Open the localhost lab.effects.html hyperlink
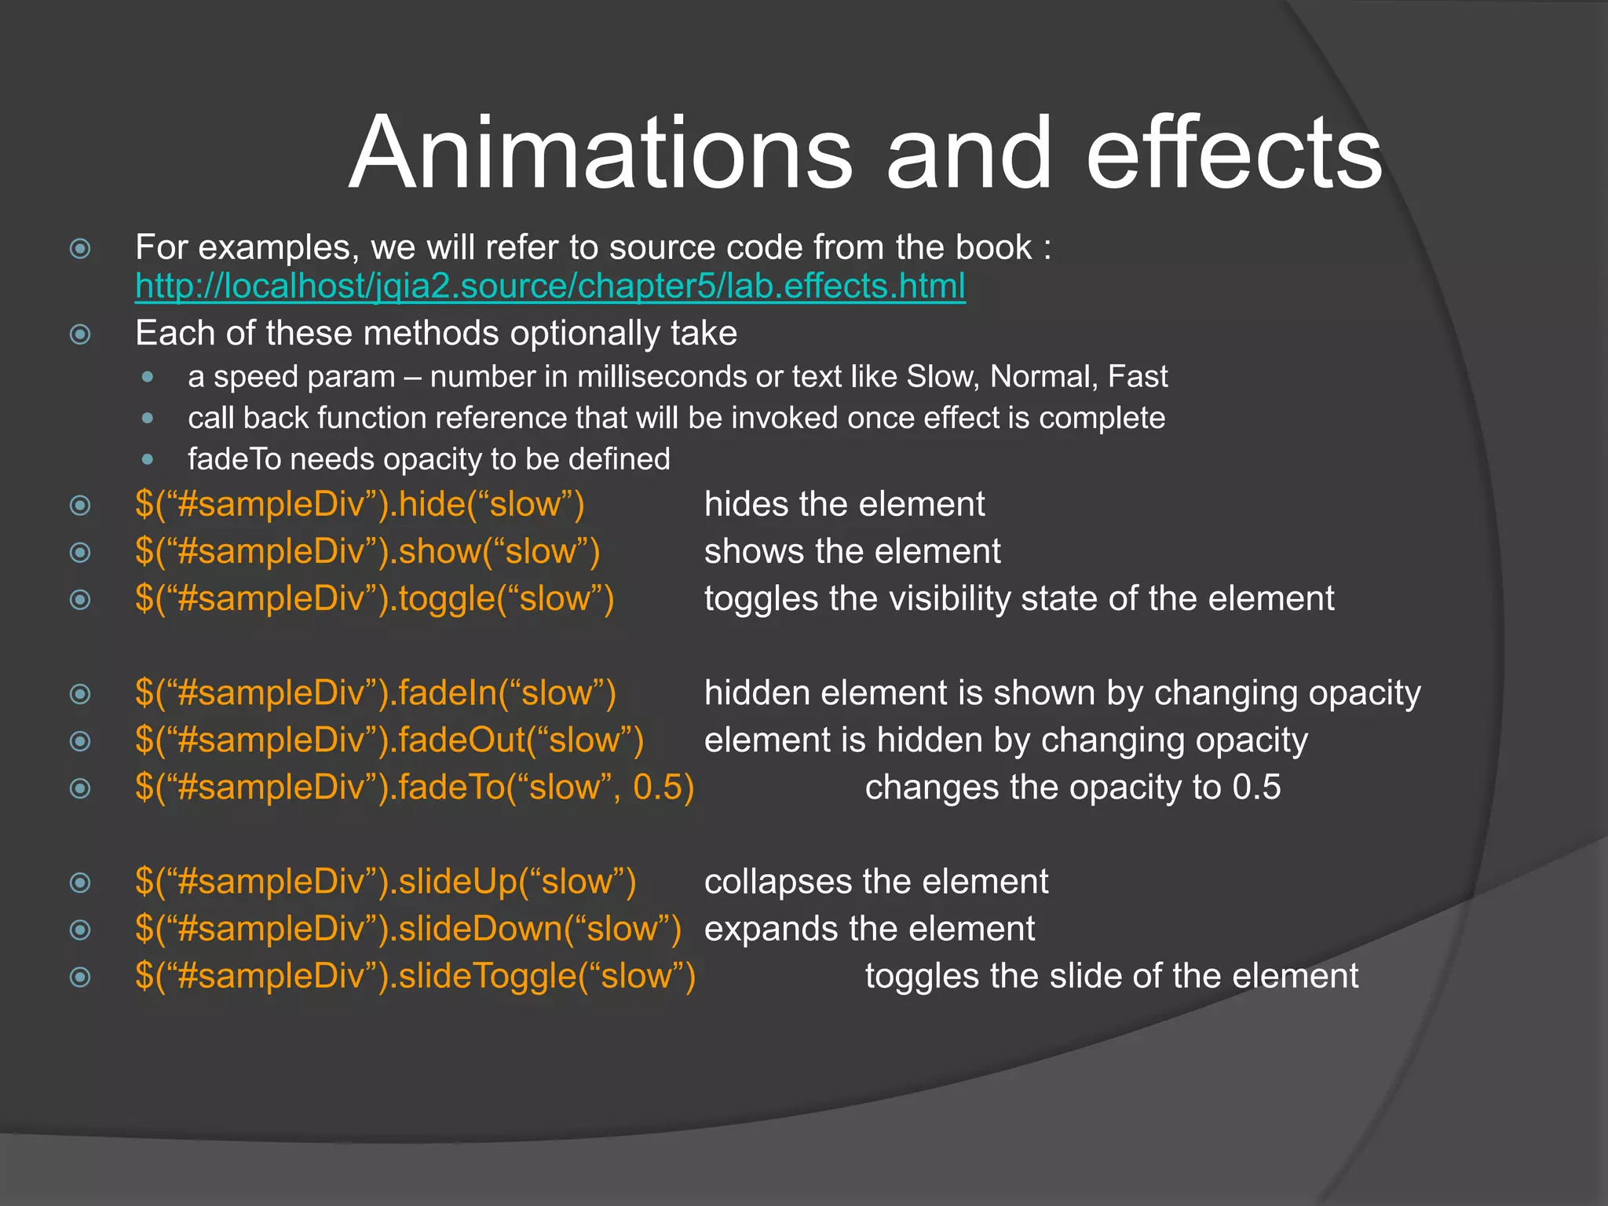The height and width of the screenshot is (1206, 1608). (550, 287)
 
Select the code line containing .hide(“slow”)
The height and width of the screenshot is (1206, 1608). (360, 504)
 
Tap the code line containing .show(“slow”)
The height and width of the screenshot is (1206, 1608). (367, 551)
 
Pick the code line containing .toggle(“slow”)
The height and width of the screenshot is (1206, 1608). (375, 598)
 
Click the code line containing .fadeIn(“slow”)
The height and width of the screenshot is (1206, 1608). (375, 693)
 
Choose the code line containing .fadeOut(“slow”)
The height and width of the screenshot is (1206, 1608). (389, 740)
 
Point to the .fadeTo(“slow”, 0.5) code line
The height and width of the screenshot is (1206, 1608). (415, 788)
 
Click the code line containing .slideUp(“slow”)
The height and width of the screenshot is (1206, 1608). (386, 882)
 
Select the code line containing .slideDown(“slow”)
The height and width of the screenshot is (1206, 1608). (408, 929)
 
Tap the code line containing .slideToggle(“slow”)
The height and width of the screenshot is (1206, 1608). (415, 976)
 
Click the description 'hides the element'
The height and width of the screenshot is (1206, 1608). (844, 504)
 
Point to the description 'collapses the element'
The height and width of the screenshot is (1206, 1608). (876, 882)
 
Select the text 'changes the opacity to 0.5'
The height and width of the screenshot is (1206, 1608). (1073, 788)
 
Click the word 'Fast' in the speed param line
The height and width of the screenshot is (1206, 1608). (1138, 377)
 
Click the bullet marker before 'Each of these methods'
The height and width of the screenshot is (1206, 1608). (80, 335)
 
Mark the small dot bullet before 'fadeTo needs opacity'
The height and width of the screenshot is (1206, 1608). (148, 459)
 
